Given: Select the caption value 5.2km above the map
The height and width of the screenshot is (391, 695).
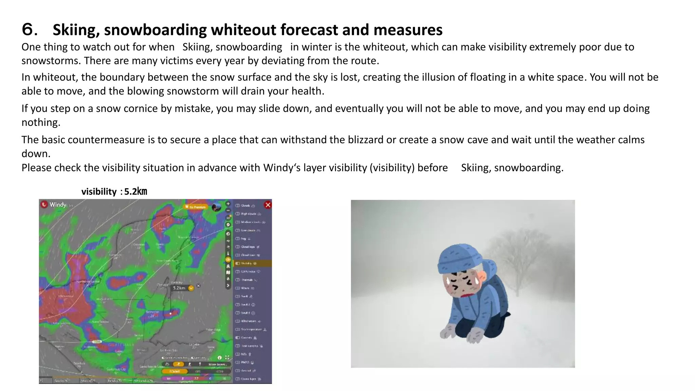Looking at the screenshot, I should pos(135,192).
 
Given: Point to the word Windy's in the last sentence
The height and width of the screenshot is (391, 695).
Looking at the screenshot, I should pos(282,168).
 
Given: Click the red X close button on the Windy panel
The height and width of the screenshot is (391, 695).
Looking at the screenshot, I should pos(268,205).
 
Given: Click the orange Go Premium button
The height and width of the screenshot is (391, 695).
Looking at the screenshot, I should pos(195,207).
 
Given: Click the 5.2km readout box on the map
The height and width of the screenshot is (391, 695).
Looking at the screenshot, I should pos(180,288).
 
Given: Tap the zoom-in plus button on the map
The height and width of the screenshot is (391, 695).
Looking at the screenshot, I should pos(228,204).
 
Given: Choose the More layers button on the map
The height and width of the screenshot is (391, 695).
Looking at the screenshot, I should pos(217,364).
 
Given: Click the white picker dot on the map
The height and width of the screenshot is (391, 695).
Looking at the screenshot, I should pos(171,314).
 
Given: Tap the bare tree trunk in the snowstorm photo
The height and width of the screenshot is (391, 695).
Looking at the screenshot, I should pos(517,285).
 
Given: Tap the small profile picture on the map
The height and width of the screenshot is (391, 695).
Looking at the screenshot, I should pos(216,207).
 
